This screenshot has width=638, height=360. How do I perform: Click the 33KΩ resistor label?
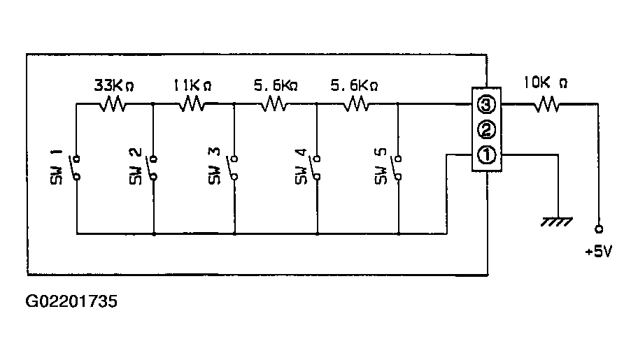tap(114, 85)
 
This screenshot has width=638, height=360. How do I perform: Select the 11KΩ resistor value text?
tap(192, 85)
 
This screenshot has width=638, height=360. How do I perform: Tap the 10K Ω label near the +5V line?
tap(545, 83)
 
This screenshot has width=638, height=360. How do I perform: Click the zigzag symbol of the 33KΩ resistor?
tap(113, 104)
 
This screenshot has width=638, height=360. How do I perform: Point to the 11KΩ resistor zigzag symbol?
tap(192, 104)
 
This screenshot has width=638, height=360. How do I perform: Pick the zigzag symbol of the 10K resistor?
tap(546, 104)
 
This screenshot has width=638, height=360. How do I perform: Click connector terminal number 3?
tap(486, 105)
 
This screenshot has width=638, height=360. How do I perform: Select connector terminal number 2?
tap(486, 130)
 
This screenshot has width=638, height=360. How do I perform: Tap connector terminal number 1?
tap(486, 155)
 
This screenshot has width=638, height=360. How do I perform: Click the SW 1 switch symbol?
tap(76, 167)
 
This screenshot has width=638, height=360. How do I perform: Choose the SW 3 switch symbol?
tap(233, 167)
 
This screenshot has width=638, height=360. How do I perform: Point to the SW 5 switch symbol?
tap(397, 167)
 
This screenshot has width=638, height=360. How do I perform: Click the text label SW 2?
tap(136, 167)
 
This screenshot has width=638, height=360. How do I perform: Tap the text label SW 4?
tap(301, 167)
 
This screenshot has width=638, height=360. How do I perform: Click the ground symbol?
tap(557, 222)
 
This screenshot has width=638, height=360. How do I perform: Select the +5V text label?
tap(598, 252)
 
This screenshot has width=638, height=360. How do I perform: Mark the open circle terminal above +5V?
tap(599, 229)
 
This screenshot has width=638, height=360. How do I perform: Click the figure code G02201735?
tap(71, 301)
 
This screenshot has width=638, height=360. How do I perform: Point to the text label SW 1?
tap(57, 167)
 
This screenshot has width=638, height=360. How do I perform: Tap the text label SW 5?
tap(381, 166)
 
